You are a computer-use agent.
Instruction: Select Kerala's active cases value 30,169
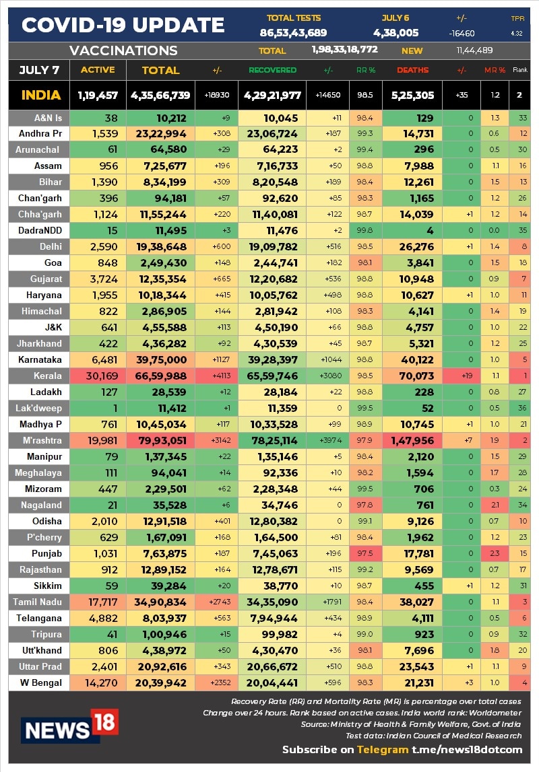99,376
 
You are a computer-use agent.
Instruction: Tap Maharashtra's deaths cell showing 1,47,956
412,440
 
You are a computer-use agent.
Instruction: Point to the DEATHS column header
412,70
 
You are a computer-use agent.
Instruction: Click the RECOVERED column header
272,70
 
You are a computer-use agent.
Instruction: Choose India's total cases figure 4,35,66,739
160,95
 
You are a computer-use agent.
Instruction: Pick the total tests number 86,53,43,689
293,33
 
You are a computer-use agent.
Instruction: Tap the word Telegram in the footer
383,749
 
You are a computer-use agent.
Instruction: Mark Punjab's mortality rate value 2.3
495,553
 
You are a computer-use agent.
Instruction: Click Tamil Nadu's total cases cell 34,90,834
160,602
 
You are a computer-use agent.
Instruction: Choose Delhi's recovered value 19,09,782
272,246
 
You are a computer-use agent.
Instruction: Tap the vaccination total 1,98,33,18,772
344,50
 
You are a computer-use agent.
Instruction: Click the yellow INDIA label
41,95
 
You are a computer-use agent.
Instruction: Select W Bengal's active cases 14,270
99,682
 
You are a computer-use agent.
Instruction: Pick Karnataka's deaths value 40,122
412,359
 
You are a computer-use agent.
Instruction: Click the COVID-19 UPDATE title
123,26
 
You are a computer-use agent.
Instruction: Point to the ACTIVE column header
98,70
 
